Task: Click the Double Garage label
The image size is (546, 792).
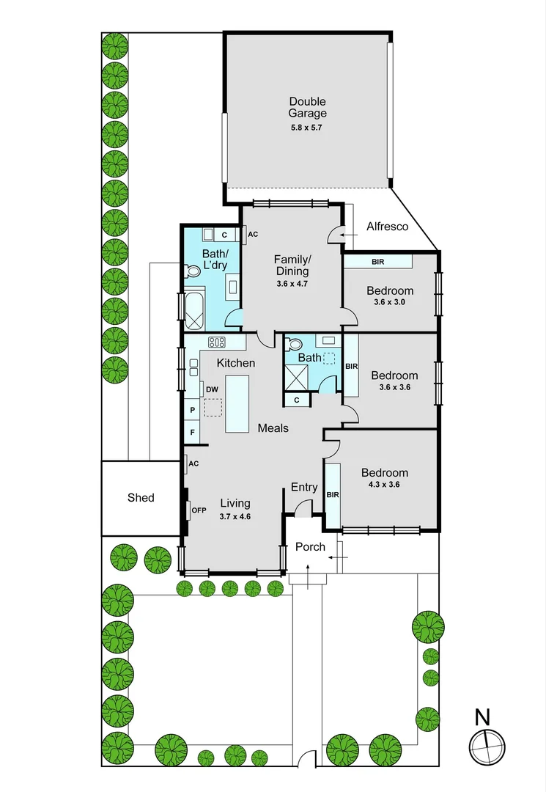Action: pyautogui.click(x=307, y=107)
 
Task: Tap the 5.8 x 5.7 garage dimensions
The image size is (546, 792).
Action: pyautogui.click(x=306, y=128)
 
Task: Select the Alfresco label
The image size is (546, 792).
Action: pyautogui.click(x=388, y=227)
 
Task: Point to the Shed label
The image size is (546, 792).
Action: pyautogui.click(x=141, y=497)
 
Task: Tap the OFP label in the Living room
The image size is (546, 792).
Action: pyautogui.click(x=199, y=510)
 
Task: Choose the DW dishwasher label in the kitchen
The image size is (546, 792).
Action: pyautogui.click(x=212, y=389)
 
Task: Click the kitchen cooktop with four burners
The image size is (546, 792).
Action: pyautogui.click(x=217, y=342)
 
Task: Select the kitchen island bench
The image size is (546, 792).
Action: pyautogui.click(x=237, y=403)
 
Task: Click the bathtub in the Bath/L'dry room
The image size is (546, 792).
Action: pyautogui.click(x=194, y=309)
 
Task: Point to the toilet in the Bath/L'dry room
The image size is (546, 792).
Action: pyautogui.click(x=192, y=272)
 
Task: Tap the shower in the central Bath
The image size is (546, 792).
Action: pyautogui.click(x=295, y=376)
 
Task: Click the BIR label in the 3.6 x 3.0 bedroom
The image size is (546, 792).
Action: pyautogui.click(x=378, y=262)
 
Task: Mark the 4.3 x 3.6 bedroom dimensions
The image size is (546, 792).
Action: pyautogui.click(x=385, y=485)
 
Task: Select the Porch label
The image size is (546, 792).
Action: pyautogui.click(x=310, y=546)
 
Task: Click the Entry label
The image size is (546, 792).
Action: pyautogui.click(x=304, y=487)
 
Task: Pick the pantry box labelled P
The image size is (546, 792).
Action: pyautogui.click(x=192, y=410)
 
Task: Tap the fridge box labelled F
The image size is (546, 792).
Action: pyautogui.click(x=192, y=433)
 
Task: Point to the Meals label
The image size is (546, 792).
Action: pyautogui.click(x=273, y=428)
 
